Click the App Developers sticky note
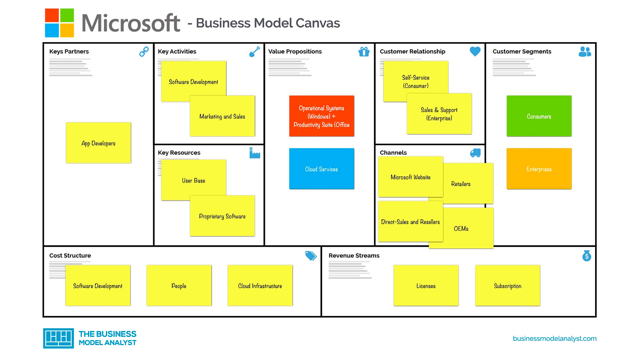coord(98,143)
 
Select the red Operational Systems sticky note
coord(321,116)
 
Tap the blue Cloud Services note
coord(321,169)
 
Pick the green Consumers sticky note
coord(539,116)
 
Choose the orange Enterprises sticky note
coord(539,169)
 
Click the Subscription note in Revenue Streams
coord(507,286)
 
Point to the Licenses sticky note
coord(426,286)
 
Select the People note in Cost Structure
coord(179,286)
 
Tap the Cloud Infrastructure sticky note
coord(260,286)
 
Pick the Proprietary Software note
coord(222,216)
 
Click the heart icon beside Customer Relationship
coord(475,51)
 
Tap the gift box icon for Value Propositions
coord(364,52)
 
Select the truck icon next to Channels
coord(475,153)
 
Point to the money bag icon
coord(587,256)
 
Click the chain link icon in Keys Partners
coord(144,52)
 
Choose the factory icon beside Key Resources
coord(255,153)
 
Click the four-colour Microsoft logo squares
coord(59,23)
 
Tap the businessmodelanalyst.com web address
coord(554,338)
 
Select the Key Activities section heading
coord(177,51)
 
